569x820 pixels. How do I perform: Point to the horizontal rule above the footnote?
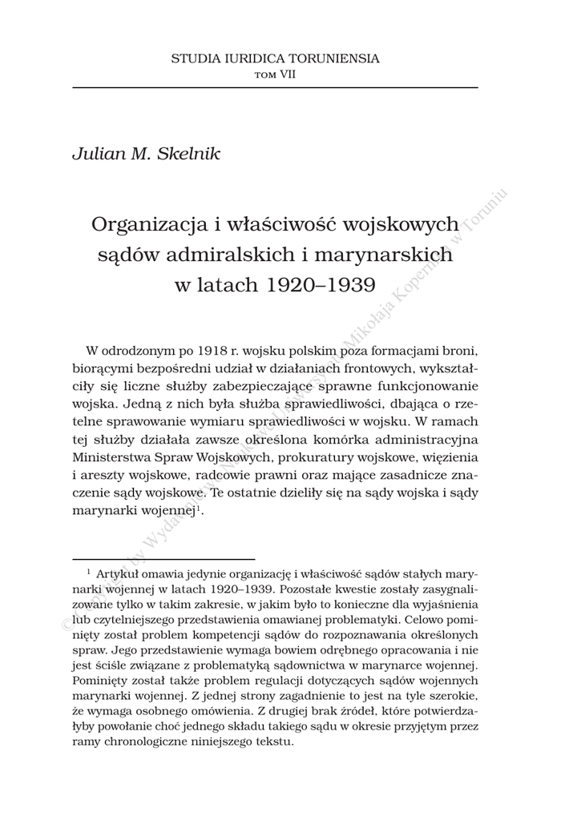163,559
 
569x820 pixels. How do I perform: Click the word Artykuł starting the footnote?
116,574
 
